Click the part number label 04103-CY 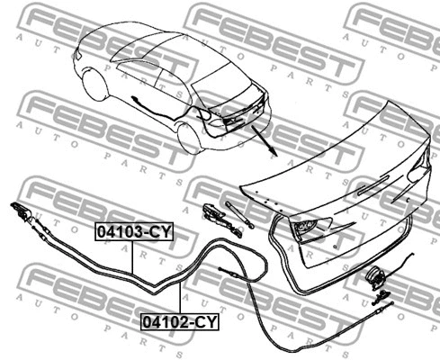click(x=134, y=231)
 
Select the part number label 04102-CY click(x=180, y=322)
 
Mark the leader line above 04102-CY click(x=180, y=298)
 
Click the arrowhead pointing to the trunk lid click(x=273, y=151)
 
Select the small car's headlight click(x=78, y=54)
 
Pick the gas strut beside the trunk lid click(x=240, y=214)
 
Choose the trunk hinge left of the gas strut click(x=221, y=220)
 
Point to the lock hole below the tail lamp click(x=335, y=247)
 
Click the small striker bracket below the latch click(x=381, y=297)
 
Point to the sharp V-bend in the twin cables click(x=156, y=292)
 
